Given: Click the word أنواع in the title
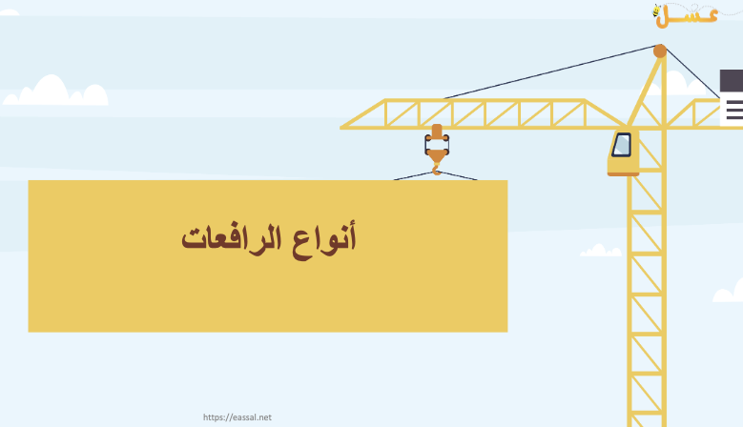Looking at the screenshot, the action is pyautogui.click(x=323, y=239).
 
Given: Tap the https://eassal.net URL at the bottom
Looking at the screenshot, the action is pyautogui.click(x=237, y=417).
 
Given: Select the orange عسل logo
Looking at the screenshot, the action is pyautogui.click(x=686, y=15).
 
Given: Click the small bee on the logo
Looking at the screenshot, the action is pyautogui.click(x=657, y=10).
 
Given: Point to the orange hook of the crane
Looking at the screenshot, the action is pyautogui.click(x=437, y=169).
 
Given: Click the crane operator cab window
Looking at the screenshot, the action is pyautogui.click(x=622, y=144).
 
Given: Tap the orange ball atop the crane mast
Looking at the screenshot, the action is pyautogui.click(x=660, y=51).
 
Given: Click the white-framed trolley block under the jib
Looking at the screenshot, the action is pyautogui.click(x=437, y=144).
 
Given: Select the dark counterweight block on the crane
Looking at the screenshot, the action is pyautogui.click(x=732, y=80).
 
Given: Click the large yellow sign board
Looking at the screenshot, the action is pyautogui.click(x=268, y=255).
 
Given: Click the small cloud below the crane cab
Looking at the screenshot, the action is pyautogui.click(x=601, y=251).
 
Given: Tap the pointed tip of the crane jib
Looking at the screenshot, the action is pyautogui.click(x=341, y=128).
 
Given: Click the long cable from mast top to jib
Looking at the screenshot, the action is pyautogui.click(x=549, y=71).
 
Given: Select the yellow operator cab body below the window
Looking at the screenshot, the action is pyautogui.click(x=624, y=165).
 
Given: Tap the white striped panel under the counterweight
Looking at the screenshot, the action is pyautogui.click(x=732, y=110).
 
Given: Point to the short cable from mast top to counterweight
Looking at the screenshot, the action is pyautogui.click(x=692, y=72).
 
